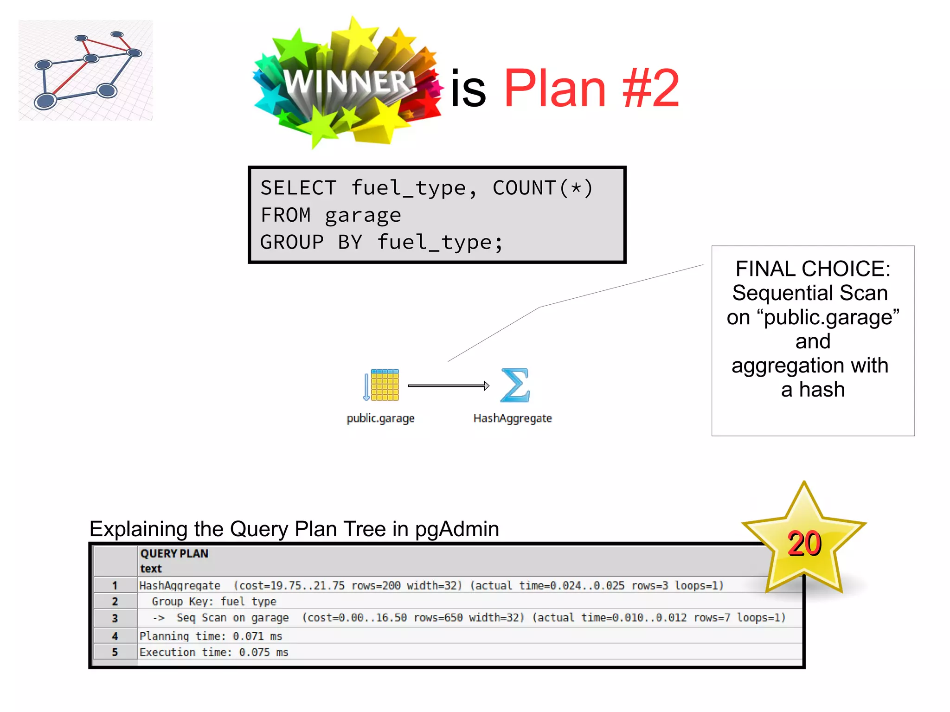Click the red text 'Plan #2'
591,88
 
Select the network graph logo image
86,71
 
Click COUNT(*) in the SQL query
542,188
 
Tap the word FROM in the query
285,215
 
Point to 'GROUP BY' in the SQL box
311,242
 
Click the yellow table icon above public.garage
384,385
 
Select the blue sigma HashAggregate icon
514,385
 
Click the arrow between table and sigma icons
448,385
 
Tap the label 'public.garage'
380,418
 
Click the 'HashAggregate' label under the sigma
512,418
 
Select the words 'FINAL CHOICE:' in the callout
813,269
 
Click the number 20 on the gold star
804,544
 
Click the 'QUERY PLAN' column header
174,553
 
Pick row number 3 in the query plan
115,618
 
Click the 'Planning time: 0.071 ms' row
211,636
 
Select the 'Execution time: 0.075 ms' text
214,652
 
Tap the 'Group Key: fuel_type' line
214,602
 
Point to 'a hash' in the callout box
813,390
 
